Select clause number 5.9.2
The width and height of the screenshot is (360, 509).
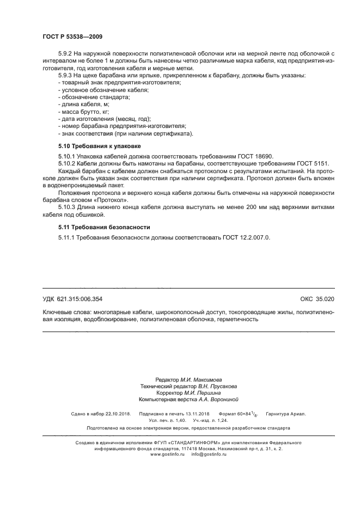(65, 53)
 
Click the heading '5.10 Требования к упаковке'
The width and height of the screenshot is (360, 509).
(100, 146)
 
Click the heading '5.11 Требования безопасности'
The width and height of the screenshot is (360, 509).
(103, 227)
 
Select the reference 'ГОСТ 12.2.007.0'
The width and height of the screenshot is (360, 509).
(245, 238)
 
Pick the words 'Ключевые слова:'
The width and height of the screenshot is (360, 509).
(66, 312)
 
